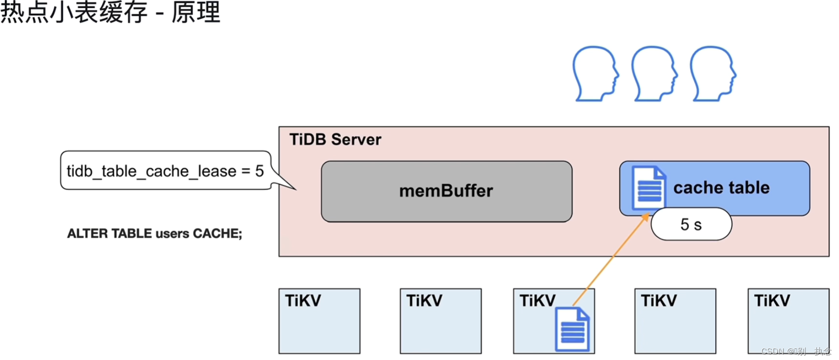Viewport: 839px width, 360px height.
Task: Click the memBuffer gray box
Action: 446,191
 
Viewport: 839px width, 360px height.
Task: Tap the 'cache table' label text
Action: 721,188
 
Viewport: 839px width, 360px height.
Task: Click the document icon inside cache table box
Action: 648,187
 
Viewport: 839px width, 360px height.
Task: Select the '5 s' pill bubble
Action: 691,224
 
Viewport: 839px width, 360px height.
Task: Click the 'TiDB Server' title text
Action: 335,139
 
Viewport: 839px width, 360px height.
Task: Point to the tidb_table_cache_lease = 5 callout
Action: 165,171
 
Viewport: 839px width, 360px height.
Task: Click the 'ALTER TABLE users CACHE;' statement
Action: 155,234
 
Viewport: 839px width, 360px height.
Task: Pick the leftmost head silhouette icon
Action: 594,74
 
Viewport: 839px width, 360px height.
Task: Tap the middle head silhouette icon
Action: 653,74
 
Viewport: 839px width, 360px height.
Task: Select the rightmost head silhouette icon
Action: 712,74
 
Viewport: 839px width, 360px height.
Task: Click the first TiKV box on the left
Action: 319,321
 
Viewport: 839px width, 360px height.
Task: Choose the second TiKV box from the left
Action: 440,321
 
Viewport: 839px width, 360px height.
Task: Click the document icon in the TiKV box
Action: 572,330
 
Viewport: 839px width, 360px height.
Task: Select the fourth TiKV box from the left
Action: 675,321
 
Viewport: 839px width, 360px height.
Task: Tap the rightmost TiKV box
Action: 788,321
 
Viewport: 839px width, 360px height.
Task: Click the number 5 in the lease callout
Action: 259,171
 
